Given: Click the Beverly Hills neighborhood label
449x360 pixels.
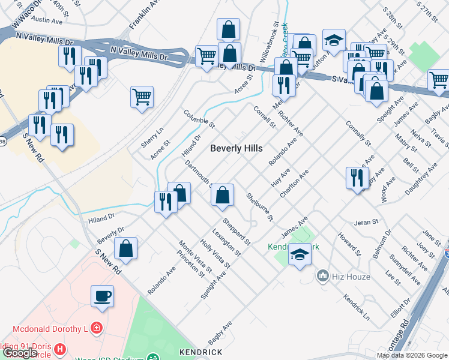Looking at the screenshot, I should click(236, 149).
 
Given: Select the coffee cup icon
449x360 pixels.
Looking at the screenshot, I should click(102, 295).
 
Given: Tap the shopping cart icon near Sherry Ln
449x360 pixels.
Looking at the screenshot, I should click(142, 96).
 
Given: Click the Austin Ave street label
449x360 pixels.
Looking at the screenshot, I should click(47, 20).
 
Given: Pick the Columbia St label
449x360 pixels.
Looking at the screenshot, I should click(199, 119).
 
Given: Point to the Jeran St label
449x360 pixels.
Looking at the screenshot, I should click(366, 221).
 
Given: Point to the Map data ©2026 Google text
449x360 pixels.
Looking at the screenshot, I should click(412, 355).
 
